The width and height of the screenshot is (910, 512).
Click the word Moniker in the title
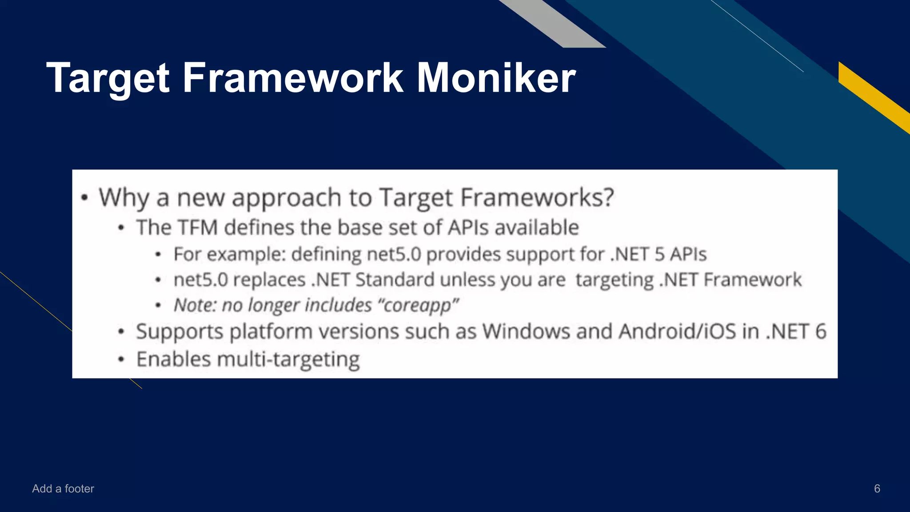point(496,78)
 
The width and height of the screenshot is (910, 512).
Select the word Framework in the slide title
point(293,78)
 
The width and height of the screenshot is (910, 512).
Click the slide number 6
point(877,488)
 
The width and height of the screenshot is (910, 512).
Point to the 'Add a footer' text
point(63,488)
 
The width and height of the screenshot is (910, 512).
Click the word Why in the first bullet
point(124,198)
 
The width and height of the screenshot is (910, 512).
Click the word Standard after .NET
point(395,280)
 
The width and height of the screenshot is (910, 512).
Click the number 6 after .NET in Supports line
point(820,332)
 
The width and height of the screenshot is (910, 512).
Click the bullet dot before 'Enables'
point(121,359)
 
